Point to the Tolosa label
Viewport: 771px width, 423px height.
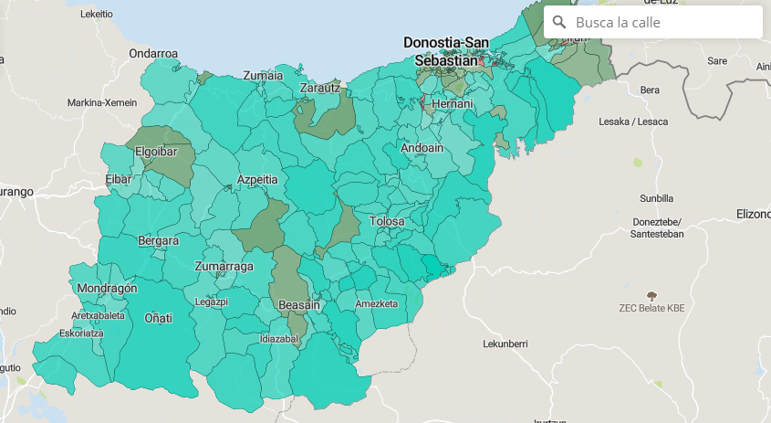(387, 221)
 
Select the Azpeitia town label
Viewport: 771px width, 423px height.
(257, 180)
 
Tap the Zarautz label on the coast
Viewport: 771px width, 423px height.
(319, 88)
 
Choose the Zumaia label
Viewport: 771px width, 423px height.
(263, 76)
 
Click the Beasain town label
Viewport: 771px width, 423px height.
(299, 304)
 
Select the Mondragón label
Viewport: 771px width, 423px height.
(107, 288)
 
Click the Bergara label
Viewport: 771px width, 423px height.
(158, 241)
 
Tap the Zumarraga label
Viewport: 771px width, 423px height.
(224, 266)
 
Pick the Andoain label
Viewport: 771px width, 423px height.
(422, 147)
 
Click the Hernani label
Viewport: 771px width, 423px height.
(453, 104)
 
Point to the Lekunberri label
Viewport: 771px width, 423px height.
(505, 344)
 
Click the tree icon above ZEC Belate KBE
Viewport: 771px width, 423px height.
(651, 295)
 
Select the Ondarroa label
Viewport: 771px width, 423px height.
(153, 53)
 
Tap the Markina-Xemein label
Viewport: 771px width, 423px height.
(101, 102)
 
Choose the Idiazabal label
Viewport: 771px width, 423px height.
(278, 338)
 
